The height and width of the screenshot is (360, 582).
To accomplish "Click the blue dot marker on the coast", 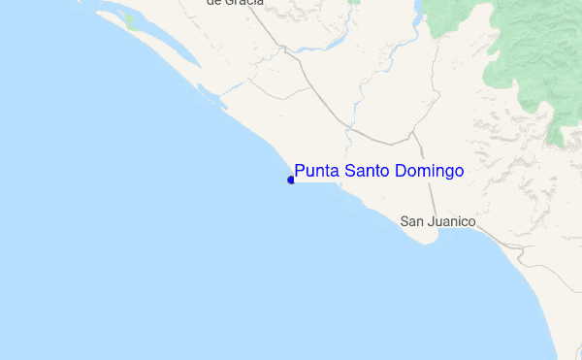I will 291,180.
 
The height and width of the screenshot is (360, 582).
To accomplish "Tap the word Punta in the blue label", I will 317,172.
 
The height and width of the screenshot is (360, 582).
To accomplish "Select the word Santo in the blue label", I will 367,172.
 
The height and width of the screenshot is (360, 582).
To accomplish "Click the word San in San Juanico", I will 411,222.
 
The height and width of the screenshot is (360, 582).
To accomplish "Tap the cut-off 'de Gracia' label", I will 235,3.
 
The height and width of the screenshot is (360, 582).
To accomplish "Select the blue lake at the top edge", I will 418,10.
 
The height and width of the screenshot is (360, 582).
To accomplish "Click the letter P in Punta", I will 300,172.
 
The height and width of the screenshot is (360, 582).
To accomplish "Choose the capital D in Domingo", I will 401,172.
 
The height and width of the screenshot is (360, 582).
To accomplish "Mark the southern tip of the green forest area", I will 557,142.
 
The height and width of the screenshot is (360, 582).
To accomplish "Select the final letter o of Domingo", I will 459,173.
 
